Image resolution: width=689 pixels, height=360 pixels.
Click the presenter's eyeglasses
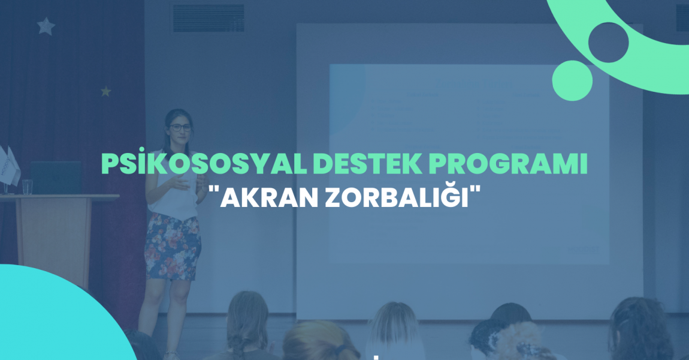[x=180, y=128]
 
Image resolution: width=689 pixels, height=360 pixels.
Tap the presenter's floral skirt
[x=173, y=247]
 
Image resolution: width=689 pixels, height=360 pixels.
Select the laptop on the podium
[x=56, y=178]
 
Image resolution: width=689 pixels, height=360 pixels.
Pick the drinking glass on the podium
[x=27, y=187]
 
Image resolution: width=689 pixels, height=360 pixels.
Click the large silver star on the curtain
[x=46, y=26]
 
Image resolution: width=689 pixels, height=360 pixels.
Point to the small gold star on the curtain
[x=106, y=92]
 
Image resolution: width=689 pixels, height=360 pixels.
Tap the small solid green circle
[x=572, y=80]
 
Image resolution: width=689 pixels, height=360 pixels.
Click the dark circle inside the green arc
[x=609, y=42]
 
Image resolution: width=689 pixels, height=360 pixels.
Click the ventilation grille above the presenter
[x=208, y=18]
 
